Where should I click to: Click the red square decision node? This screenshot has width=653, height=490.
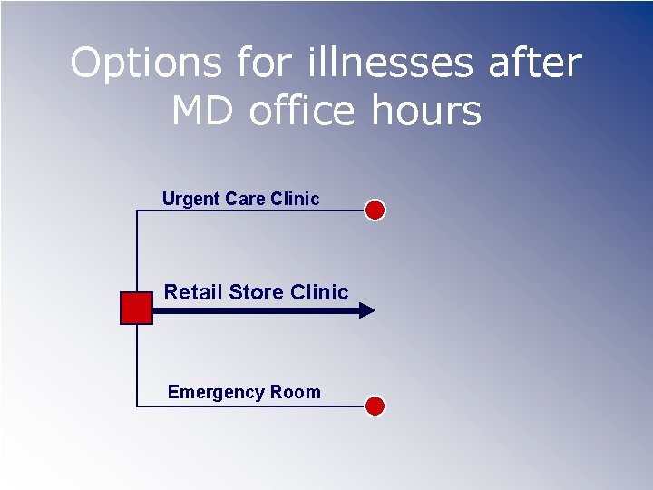click(x=136, y=309)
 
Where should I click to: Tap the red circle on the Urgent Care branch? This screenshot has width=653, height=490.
click(x=375, y=211)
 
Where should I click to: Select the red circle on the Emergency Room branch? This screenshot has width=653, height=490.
click(x=375, y=407)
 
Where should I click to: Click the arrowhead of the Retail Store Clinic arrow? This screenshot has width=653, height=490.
click(x=366, y=310)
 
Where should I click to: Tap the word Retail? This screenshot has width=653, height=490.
click(x=193, y=292)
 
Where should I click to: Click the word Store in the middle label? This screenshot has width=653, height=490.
click(x=256, y=292)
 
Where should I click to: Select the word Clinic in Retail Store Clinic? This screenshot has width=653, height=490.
click(x=318, y=292)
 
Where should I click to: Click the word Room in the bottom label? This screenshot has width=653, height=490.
click(x=295, y=392)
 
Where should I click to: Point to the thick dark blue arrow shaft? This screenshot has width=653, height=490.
click(x=254, y=310)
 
